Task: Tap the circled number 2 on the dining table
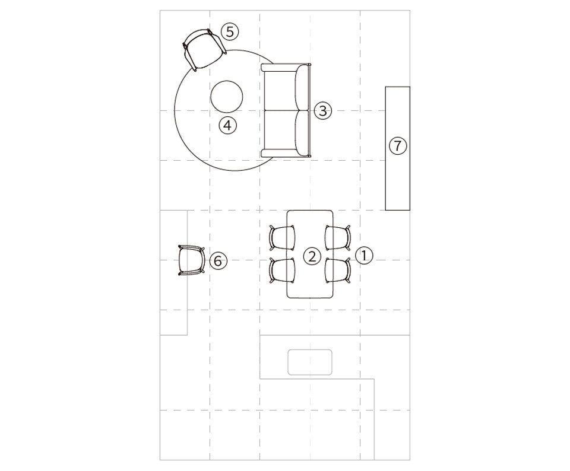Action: click(312, 256)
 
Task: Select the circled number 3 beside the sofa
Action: click(323, 110)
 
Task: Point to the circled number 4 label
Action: click(227, 125)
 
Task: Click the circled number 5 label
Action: click(230, 32)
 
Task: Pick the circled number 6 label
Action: click(218, 260)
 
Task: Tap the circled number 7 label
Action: click(398, 145)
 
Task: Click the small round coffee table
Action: click(226, 96)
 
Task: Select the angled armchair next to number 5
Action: click(205, 49)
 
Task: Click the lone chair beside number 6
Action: click(191, 260)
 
